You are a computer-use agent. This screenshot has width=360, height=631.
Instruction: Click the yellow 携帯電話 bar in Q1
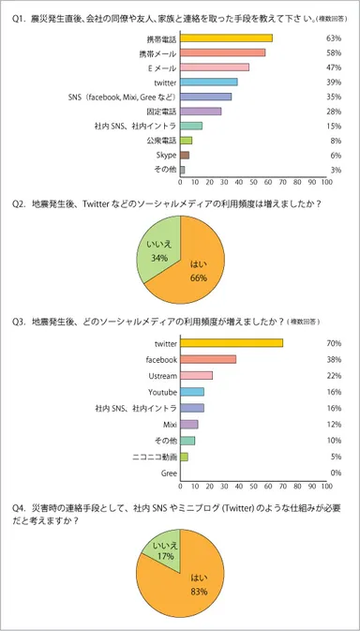point(226,38)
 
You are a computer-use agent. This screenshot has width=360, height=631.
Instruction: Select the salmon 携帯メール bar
point(222,53)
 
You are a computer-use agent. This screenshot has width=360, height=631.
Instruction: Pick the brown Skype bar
point(185,155)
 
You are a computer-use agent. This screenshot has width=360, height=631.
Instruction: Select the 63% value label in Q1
point(333,38)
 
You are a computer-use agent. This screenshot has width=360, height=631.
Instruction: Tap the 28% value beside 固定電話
point(333,111)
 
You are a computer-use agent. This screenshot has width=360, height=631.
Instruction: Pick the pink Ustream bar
point(196,375)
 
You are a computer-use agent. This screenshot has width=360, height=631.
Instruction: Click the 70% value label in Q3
point(333,344)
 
